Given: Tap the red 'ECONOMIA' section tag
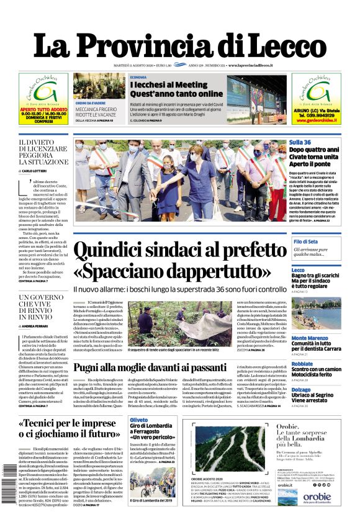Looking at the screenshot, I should pos(139,76).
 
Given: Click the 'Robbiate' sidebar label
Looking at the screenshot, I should pos(303,364).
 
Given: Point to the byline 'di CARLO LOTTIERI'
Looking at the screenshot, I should pos(37,170).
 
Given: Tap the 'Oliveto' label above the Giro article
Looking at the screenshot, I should pos(138,420).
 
